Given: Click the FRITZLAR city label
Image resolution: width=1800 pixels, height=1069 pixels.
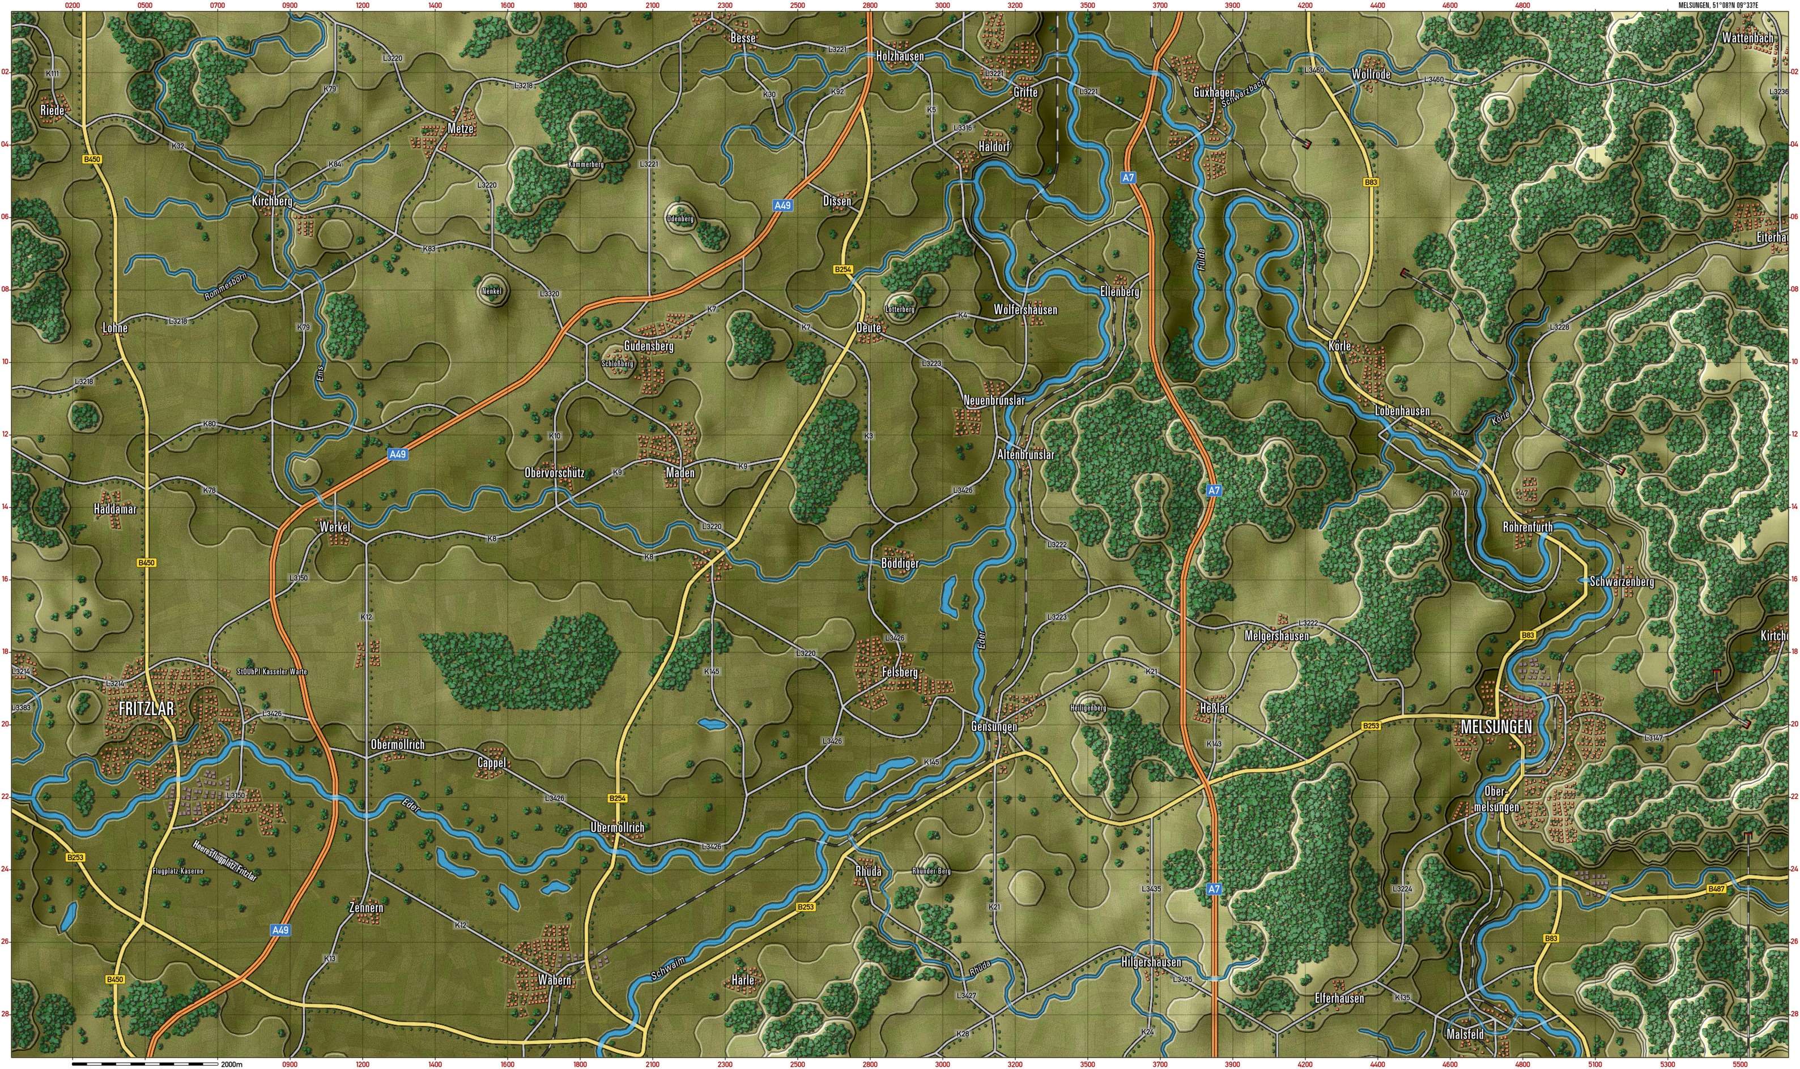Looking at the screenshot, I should pyautogui.click(x=146, y=709).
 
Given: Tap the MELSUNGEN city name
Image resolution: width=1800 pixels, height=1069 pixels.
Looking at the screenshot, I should pyautogui.click(x=1496, y=727).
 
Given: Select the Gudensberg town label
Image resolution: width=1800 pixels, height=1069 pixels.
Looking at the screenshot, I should pyautogui.click(x=649, y=346).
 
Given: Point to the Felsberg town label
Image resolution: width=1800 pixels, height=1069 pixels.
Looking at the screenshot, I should pyautogui.click(x=899, y=672).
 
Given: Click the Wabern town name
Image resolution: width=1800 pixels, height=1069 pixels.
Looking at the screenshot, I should pyautogui.click(x=554, y=980).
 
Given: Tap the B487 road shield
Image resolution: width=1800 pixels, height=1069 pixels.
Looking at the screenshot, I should pyautogui.click(x=1716, y=890).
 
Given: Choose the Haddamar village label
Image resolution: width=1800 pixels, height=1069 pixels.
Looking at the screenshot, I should pyautogui.click(x=114, y=508).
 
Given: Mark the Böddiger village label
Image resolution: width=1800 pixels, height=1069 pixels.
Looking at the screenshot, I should pyautogui.click(x=899, y=563).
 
